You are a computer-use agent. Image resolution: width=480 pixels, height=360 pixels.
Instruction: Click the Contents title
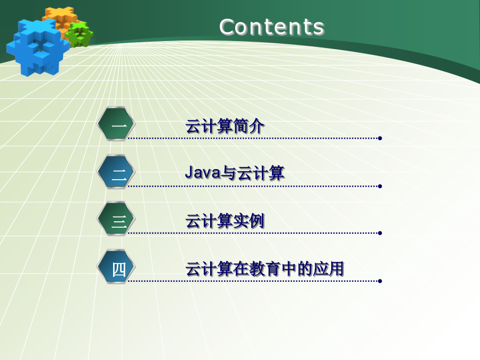tap(271, 27)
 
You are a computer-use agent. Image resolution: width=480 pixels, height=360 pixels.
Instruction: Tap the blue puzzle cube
tap(37, 47)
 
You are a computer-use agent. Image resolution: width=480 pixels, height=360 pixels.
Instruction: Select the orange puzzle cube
tap(61, 19)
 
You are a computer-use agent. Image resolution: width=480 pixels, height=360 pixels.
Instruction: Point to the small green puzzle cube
tap(79, 34)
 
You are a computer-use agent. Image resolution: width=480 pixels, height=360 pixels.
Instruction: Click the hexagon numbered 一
tap(116, 124)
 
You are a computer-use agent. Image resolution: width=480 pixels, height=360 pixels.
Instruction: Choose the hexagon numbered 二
tap(116, 172)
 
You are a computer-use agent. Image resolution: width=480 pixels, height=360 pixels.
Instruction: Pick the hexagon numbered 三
tap(116, 219)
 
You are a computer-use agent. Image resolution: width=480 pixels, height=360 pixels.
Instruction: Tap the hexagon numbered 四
tap(116, 267)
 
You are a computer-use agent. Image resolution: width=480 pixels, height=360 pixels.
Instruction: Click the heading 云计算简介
tap(225, 126)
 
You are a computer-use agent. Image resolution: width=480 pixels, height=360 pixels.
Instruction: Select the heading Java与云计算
tap(235, 173)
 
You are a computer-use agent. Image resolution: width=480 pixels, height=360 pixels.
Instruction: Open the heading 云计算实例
tap(225, 221)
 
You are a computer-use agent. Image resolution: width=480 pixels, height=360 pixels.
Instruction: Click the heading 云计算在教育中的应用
tap(265, 269)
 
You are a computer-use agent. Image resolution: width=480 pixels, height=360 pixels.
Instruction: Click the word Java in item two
tap(203, 172)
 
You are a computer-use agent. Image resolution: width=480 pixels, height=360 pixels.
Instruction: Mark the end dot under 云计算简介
tap(380, 138)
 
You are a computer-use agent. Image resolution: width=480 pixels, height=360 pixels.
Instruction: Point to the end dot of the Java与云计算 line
tap(380, 186)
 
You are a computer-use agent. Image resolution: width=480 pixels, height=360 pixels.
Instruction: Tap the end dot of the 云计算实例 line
tap(380, 233)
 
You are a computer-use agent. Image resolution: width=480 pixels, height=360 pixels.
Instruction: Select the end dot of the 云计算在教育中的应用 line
tap(380, 281)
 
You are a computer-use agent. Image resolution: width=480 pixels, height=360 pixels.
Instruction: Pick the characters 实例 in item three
tap(249, 221)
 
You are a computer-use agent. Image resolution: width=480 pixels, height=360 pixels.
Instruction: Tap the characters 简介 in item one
tap(249, 126)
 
